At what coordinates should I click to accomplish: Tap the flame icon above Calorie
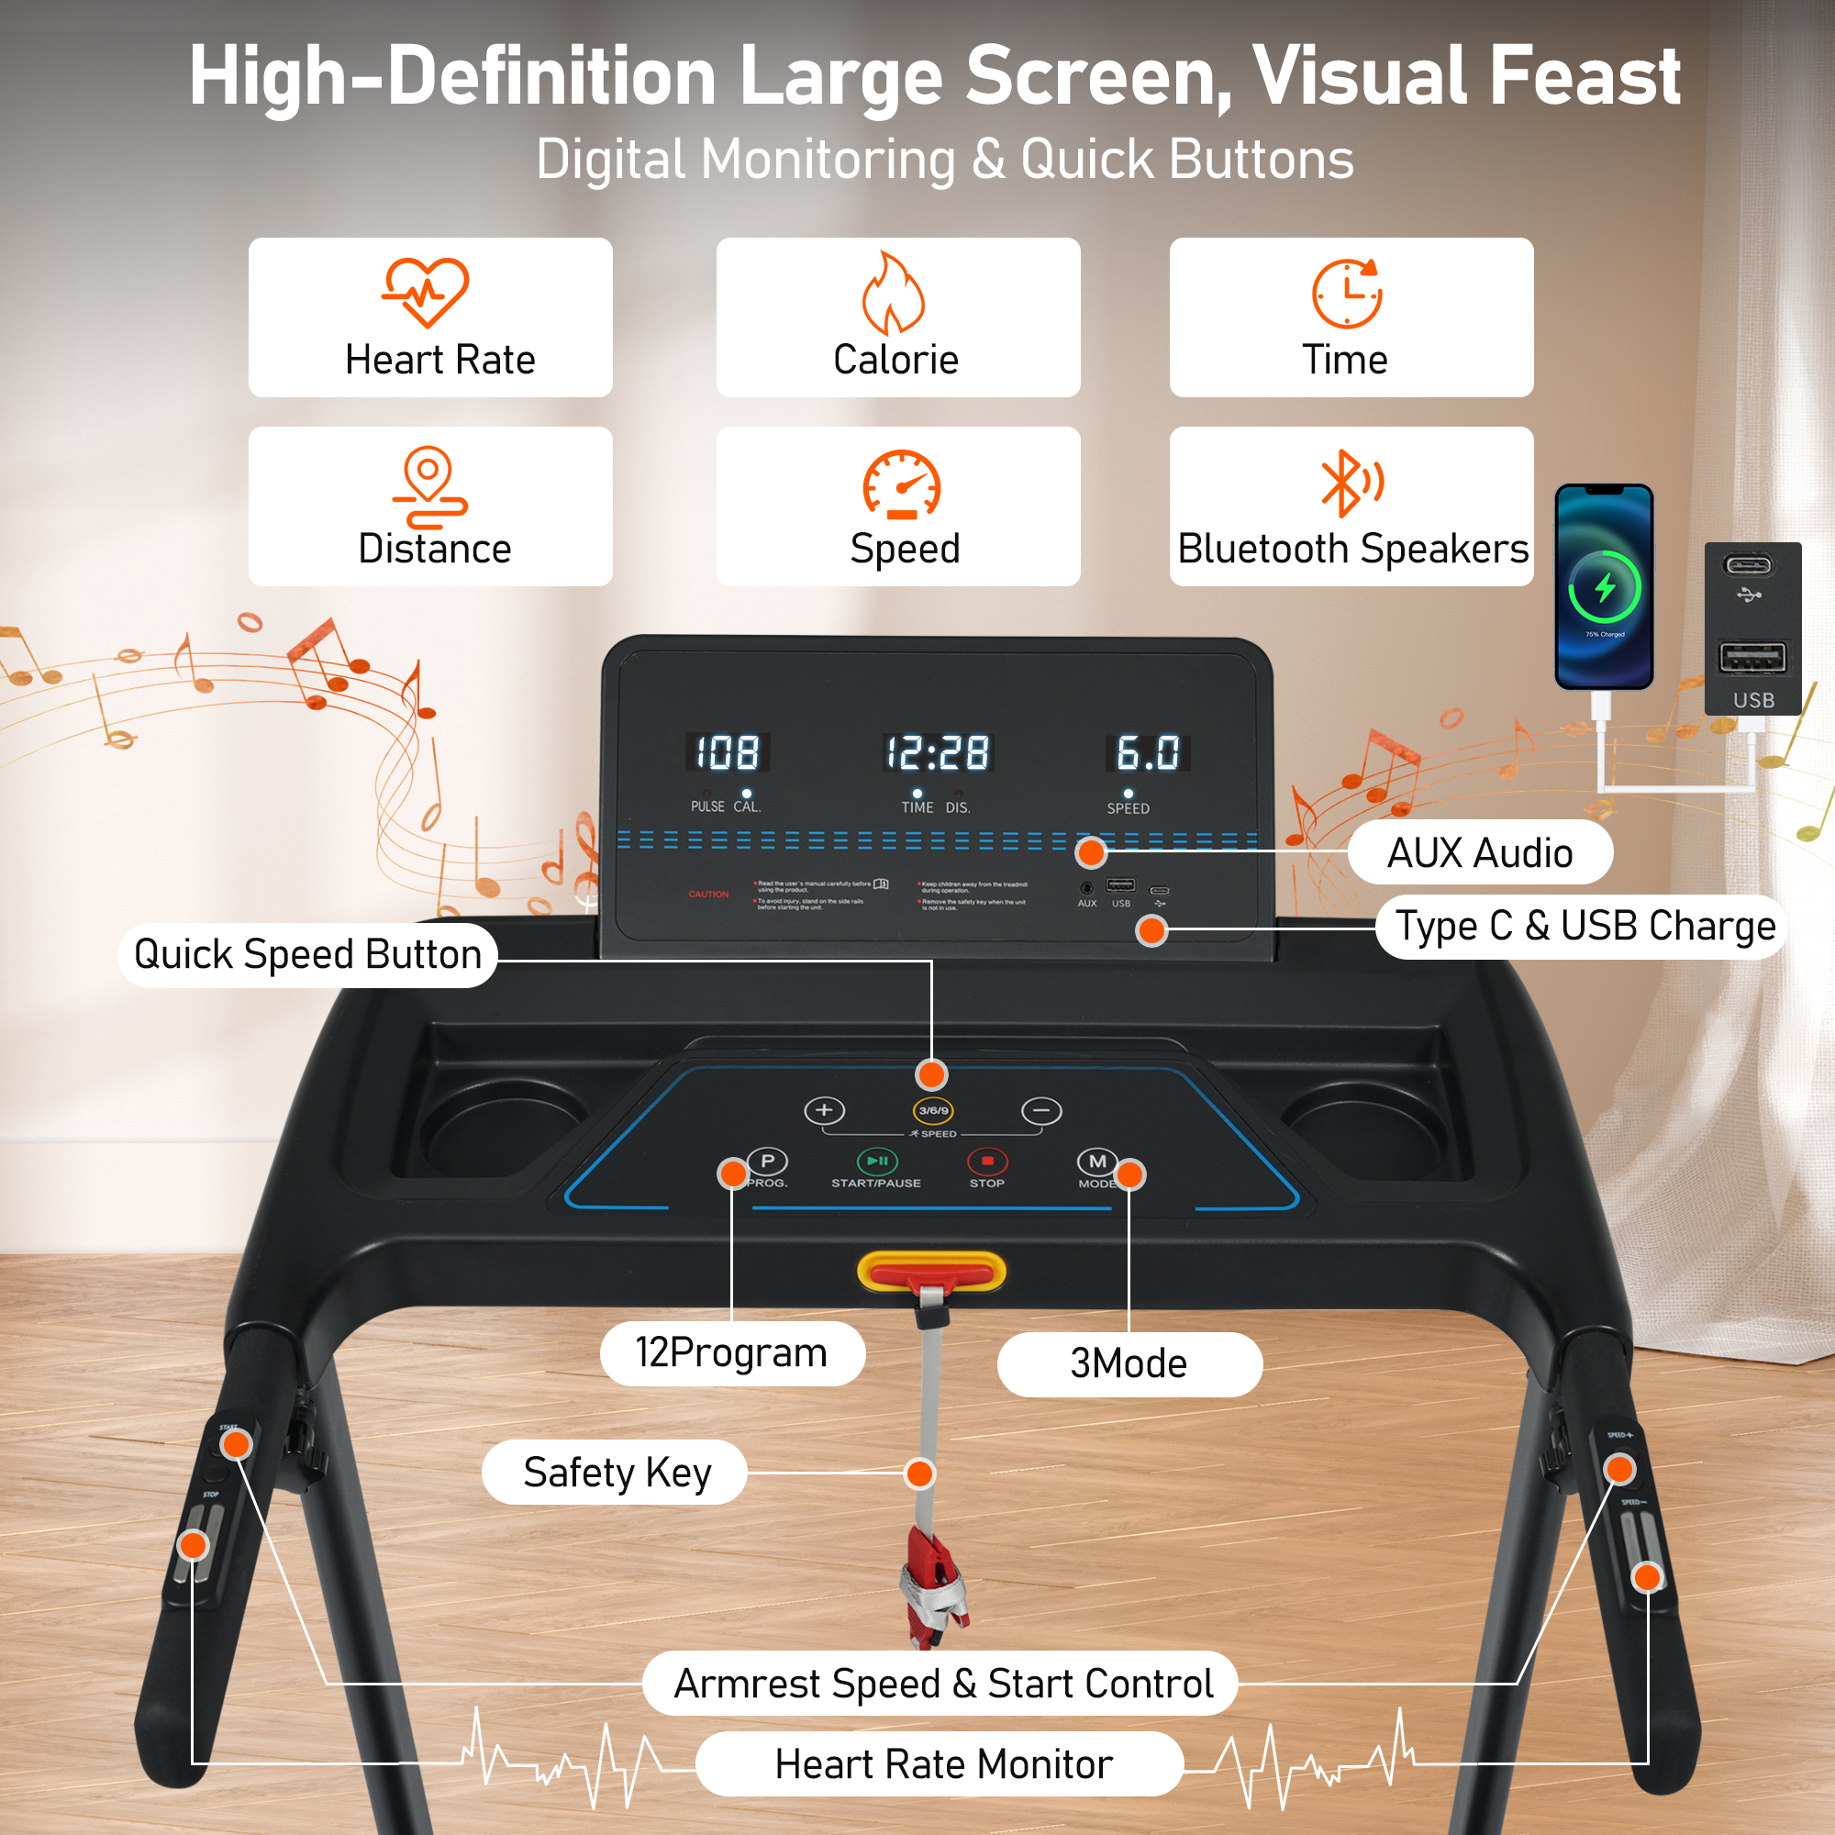(893, 293)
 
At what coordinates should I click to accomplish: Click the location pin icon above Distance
(429, 485)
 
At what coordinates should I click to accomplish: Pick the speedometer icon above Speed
(901, 484)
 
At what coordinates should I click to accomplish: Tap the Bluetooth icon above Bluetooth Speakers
(1349, 483)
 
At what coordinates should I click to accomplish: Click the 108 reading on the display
(728, 753)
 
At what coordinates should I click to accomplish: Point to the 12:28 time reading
(938, 753)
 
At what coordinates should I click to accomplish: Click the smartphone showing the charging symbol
(1603, 587)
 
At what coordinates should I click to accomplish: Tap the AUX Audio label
(1479, 853)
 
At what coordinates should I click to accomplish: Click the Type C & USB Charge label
(1585, 926)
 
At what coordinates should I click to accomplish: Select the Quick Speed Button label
(307, 954)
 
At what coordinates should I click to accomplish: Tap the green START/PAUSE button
(876, 1161)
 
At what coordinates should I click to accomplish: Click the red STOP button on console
(987, 1161)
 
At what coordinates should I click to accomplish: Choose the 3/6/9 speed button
(933, 1110)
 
